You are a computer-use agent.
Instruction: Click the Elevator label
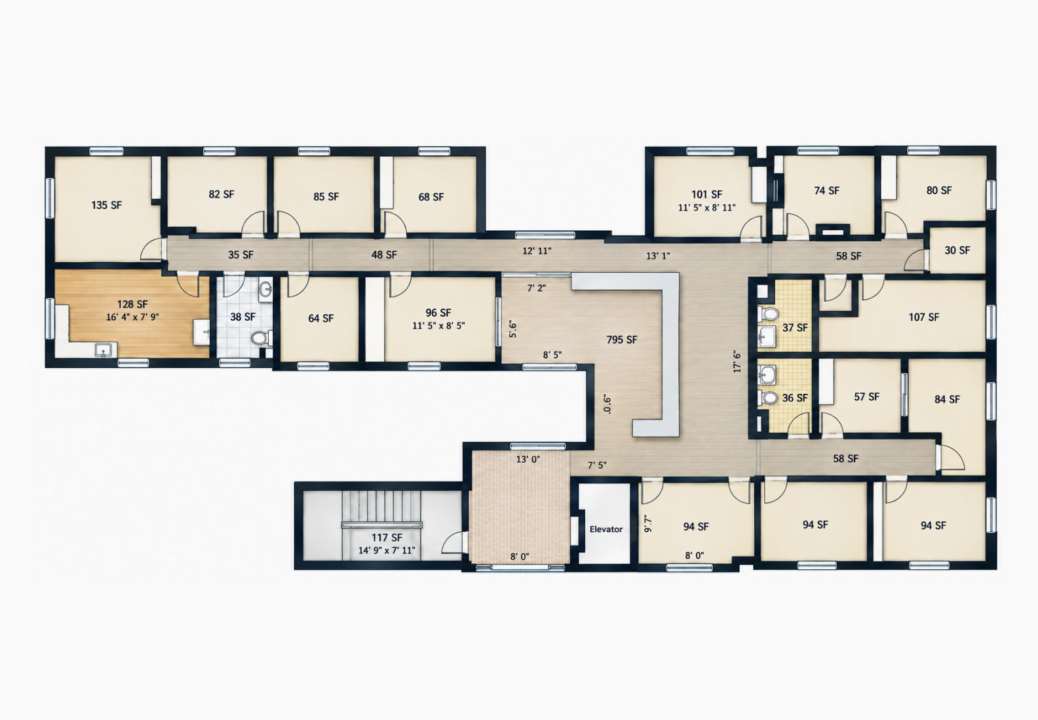point(605,529)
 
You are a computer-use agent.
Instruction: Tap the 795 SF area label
point(621,340)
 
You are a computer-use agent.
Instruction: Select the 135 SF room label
point(107,205)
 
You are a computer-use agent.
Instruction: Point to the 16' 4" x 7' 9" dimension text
point(132,317)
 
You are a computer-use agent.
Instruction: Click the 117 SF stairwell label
point(387,538)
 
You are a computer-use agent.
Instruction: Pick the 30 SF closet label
point(957,250)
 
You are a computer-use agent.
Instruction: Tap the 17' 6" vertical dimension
point(737,361)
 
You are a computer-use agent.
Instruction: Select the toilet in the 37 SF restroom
point(768,313)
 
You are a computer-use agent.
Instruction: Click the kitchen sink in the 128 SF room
point(104,350)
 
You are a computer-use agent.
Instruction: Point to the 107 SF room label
point(923,317)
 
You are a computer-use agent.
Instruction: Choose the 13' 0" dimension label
point(528,460)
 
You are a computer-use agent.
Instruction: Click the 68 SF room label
point(431,197)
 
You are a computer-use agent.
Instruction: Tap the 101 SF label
point(706,195)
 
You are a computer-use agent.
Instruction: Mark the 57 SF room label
point(866,397)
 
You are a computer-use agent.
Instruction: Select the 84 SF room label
point(947,399)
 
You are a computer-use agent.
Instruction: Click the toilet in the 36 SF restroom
point(768,398)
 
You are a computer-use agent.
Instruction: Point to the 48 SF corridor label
point(384,254)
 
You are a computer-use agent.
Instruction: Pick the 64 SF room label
point(320,319)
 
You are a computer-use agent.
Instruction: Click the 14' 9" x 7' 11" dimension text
point(387,551)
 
